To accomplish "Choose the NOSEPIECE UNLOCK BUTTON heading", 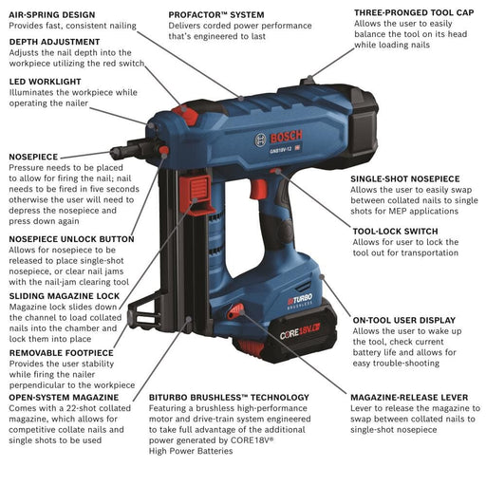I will coord(71,239).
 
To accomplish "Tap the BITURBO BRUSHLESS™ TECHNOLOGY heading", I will coord(229,397).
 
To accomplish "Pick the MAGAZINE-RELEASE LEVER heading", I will coord(408,397).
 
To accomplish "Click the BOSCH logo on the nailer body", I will coord(276,139).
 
